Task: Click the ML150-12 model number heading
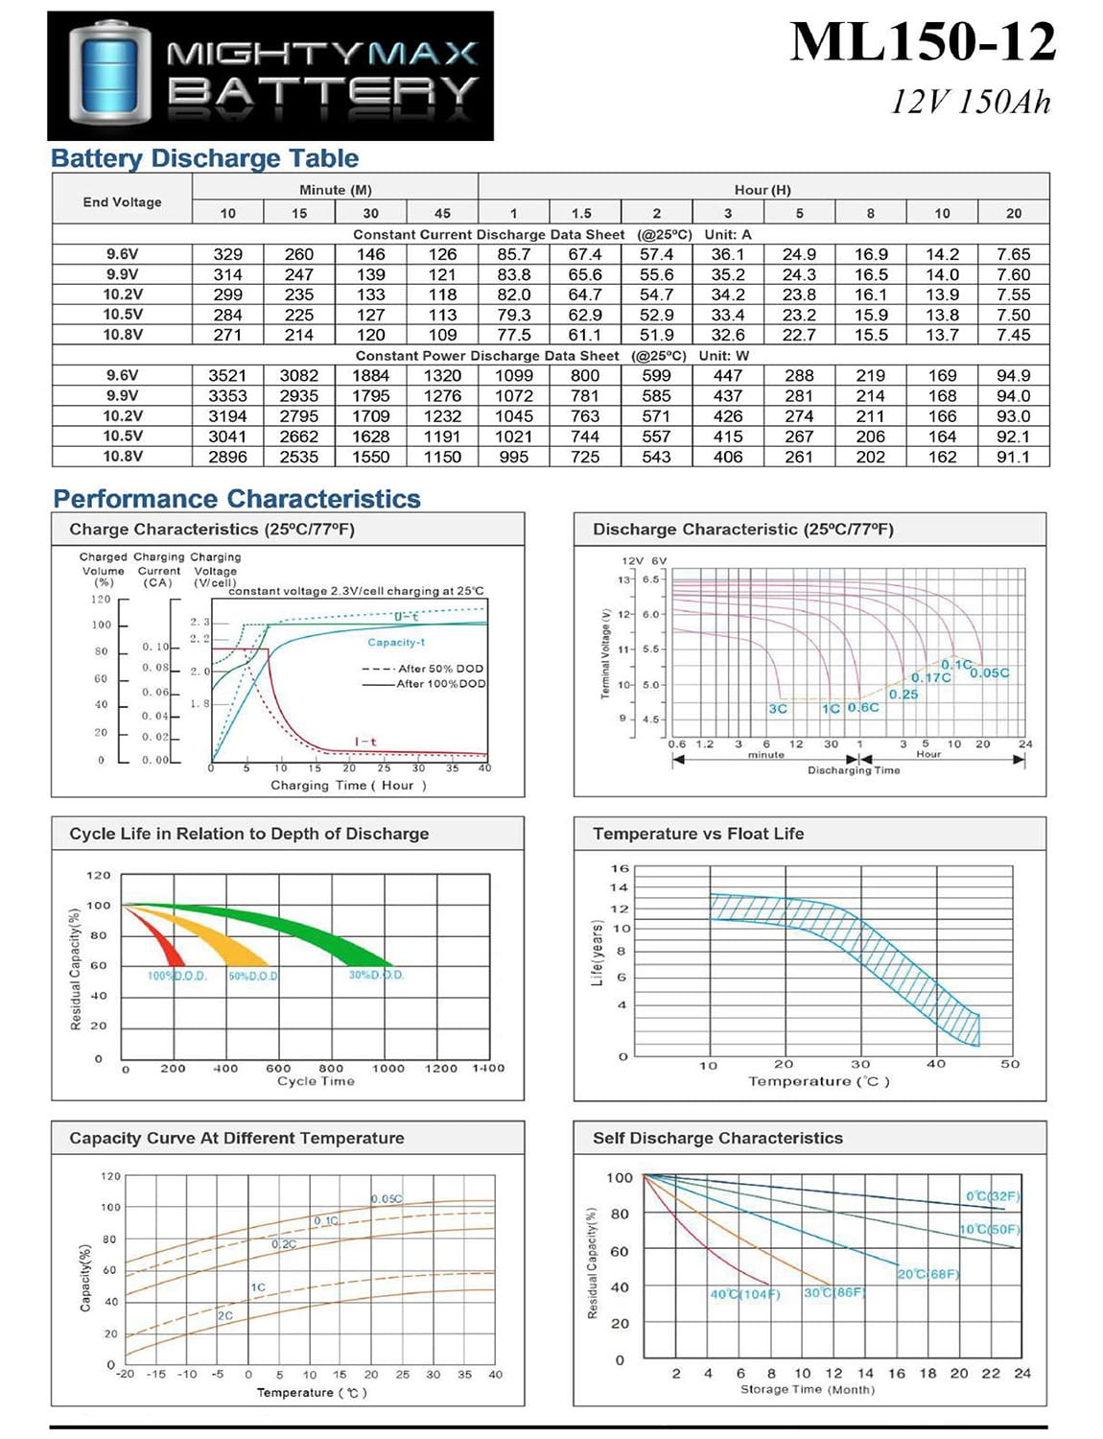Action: [x=923, y=43]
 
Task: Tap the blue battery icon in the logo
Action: [x=110, y=76]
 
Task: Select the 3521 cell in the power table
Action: [x=227, y=375]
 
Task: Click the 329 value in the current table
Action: [x=227, y=254]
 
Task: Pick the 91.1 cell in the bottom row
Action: [x=1013, y=457]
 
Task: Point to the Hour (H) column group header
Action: [x=763, y=189]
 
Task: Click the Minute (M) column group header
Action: [x=335, y=189]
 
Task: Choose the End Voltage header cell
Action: [x=122, y=201]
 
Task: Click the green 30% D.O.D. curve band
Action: [x=317, y=935]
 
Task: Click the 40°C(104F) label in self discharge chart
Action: [x=745, y=1294]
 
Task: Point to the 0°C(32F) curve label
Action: [x=993, y=1196]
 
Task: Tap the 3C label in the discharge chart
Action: [x=777, y=709]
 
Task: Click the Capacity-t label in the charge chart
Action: [x=396, y=642]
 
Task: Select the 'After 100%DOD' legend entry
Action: [x=440, y=684]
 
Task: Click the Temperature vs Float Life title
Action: [x=697, y=834]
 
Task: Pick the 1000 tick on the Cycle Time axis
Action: [x=387, y=1068]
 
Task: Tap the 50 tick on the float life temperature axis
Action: [x=1010, y=1064]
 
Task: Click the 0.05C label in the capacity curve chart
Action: [x=387, y=1199]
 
